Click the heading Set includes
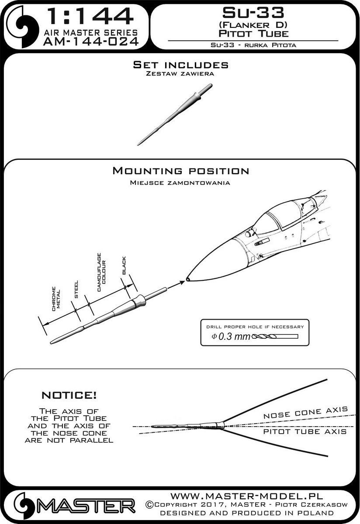pos(180,65)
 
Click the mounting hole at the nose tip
pos(187,279)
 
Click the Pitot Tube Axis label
pos(305,432)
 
